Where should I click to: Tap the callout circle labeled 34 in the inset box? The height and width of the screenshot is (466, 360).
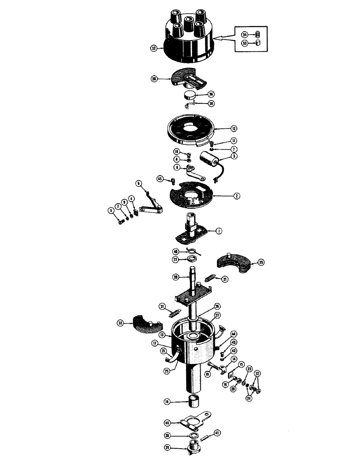244,34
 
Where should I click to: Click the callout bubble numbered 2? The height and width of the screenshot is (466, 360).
237,197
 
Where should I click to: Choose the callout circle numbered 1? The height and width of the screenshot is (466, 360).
218,230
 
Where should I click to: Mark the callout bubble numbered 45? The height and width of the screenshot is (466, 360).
160,178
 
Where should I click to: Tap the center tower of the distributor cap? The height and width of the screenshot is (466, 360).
188,22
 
